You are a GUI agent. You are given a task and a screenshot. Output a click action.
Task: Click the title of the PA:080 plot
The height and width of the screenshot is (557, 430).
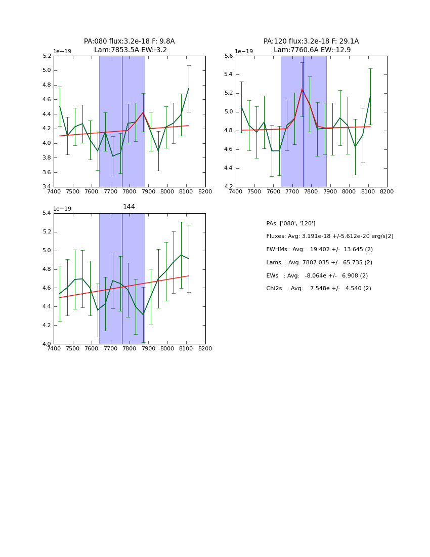click(129, 46)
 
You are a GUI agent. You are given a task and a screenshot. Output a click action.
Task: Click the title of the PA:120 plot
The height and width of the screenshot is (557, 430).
click(311, 46)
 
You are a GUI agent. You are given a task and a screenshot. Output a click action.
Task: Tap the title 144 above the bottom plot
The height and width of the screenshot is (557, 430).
click(129, 207)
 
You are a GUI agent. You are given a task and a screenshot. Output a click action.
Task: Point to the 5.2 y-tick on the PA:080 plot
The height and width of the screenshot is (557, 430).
click(47, 56)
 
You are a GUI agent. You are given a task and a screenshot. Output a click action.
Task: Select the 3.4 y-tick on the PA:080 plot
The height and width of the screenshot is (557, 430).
click(47, 187)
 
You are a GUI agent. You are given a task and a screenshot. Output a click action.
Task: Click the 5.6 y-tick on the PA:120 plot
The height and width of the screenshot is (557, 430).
click(229, 56)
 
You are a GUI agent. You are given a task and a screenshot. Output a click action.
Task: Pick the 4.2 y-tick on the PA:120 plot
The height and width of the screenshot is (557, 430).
click(229, 187)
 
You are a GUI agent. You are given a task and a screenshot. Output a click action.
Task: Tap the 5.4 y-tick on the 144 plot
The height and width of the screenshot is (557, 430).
click(47, 213)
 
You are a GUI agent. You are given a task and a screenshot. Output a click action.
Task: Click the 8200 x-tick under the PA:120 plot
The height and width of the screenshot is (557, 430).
click(387, 191)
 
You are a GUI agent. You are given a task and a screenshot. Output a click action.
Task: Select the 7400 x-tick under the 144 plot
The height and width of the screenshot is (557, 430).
click(54, 348)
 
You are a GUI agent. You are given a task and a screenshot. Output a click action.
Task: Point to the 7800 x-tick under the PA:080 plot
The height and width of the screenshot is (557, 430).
click(129, 191)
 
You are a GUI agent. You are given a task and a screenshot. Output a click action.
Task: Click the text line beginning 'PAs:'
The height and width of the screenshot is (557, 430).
click(290, 223)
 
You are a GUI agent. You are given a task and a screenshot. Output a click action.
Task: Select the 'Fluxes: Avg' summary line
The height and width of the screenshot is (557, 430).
click(329, 236)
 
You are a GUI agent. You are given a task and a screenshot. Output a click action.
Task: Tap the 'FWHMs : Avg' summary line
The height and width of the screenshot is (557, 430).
click(319, 250)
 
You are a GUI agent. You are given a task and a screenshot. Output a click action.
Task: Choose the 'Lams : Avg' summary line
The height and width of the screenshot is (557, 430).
click(319, 262)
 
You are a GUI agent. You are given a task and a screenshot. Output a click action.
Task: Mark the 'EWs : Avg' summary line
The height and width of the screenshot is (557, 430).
click(317, 275)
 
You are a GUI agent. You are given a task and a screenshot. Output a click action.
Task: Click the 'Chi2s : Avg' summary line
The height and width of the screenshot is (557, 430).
click(318, 289)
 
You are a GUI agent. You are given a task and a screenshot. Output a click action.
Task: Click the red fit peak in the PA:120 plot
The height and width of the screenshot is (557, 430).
click(302, 90)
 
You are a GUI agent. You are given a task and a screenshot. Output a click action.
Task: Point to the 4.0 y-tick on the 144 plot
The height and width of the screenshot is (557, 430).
click(47, 344)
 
